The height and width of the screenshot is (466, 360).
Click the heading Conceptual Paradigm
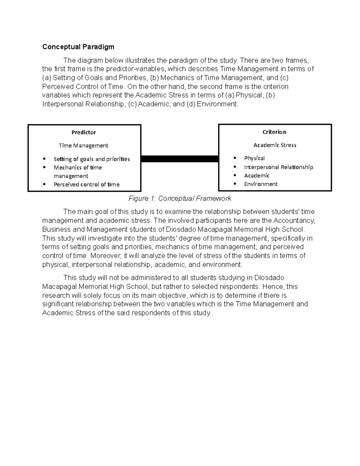(78, 47)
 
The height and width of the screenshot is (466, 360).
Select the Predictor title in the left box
(83, 132)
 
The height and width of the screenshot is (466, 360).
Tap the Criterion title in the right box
(274, 132)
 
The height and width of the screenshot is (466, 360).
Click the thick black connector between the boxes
(179, 159)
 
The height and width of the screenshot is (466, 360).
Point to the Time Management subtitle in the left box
(83, 146)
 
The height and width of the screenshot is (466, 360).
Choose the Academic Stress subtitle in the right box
(275, 145)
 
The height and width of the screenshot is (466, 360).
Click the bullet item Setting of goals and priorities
(91, 159)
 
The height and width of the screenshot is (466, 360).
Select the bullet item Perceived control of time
(86, 185)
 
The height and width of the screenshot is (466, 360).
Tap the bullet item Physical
(254, 158)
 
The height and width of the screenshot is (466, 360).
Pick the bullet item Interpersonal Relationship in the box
(278, 167)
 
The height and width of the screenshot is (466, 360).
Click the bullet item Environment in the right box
(261, 184)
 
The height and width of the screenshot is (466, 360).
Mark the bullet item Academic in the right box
(257, 176)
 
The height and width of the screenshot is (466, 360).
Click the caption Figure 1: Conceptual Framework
(180, 199)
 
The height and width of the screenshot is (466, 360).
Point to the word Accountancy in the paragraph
(294, 221)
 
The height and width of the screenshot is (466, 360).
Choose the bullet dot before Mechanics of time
(44, 167)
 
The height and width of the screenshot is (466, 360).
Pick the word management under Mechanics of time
(71, 176)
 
